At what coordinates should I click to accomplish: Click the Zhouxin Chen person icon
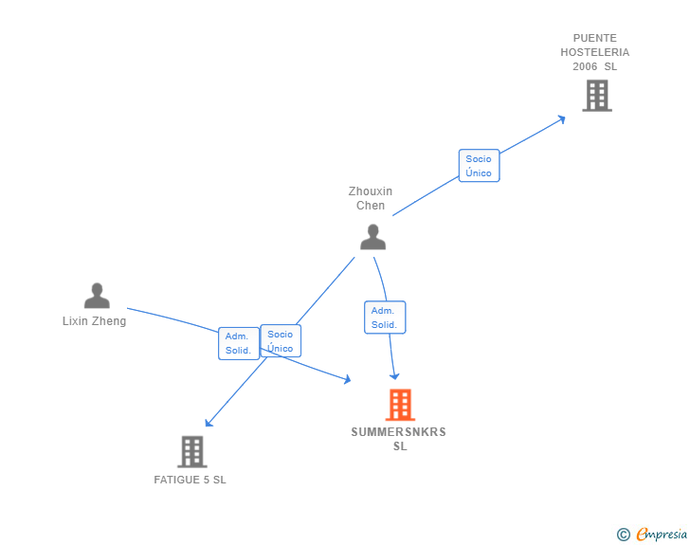[372, 237]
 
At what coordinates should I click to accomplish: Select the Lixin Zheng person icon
[97, 296]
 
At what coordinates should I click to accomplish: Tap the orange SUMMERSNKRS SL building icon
[400, 405]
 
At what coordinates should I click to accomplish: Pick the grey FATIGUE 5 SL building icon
[191, 452]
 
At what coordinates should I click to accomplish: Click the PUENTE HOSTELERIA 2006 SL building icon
[596, 96]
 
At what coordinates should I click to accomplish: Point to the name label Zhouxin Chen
[371, 198]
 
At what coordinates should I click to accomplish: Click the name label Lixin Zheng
[94, 321]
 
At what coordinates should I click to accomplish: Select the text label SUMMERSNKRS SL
[399, 439]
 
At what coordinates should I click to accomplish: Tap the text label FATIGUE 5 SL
[191, 480]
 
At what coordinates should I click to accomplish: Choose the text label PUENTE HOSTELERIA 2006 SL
[594, 52]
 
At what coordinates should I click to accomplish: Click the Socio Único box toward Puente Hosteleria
[479, 166]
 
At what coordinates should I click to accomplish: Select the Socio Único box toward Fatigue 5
[281, 341]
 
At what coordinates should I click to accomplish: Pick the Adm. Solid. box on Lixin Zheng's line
[238, 343]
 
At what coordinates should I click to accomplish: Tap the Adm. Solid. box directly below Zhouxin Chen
[384, 318]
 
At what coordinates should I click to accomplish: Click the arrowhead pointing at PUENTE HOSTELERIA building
[561, 118]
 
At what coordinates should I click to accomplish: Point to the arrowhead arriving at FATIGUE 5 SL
[209, 423]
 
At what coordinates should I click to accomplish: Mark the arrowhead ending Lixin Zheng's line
[346, 380]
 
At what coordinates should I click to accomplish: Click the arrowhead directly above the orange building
[394, 375]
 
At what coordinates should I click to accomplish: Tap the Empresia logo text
[662, 535]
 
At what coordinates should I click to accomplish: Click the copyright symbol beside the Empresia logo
[624, 535]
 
